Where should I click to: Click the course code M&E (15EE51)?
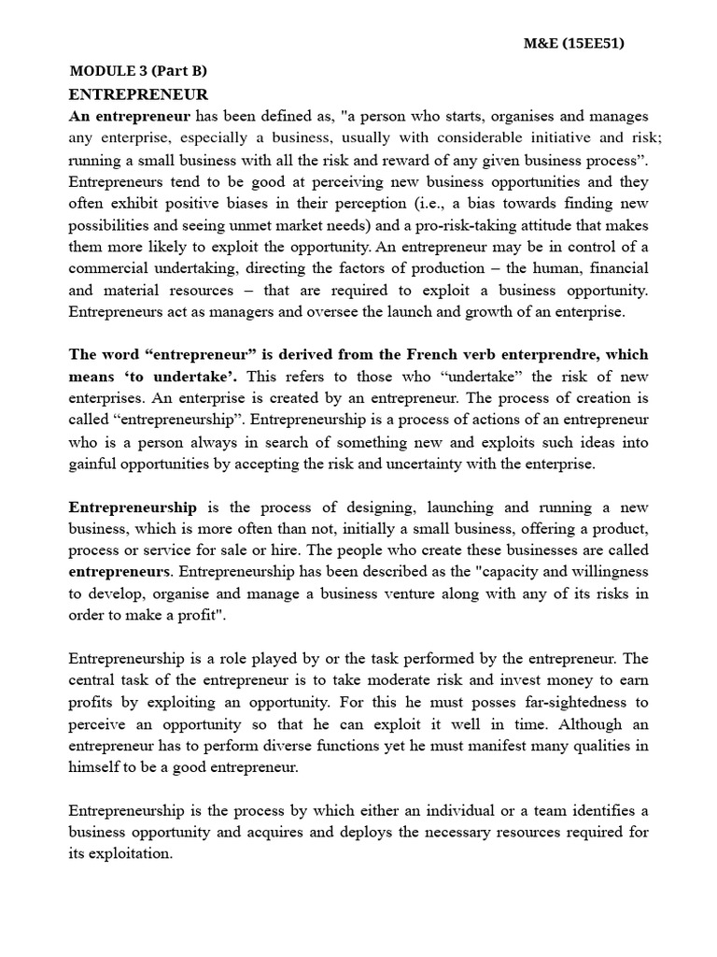pos(583,43)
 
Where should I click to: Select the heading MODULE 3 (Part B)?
pos(138,71)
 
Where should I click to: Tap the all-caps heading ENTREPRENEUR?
pos(138,94)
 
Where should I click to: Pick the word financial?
pos(614,268)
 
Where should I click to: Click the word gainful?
pos(92,463)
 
